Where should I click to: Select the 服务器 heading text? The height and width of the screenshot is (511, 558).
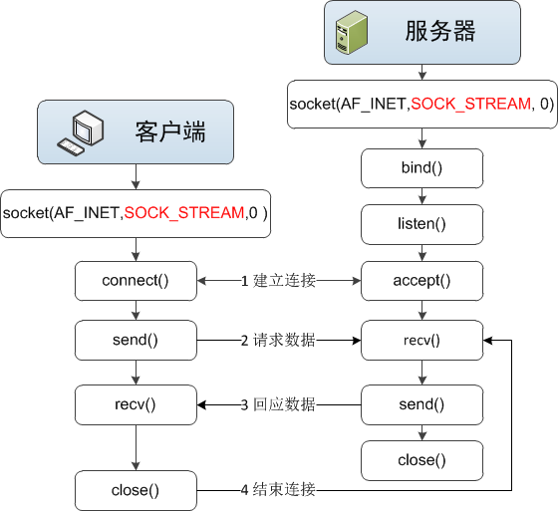(439, 31)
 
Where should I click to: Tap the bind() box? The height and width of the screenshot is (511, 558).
(421, 167)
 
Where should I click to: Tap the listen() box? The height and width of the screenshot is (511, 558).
(421, 224)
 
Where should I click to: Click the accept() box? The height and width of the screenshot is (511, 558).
(421, 281)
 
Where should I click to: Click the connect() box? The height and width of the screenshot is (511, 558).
(136, 281)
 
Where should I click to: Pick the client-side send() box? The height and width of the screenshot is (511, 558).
(136, 341)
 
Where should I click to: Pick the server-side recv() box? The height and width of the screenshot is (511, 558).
(421, 341)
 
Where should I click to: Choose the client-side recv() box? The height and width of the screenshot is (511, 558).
(136, 404)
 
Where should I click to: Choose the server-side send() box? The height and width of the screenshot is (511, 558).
(421, 404)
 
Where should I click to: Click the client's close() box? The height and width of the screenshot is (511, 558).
(136, 490)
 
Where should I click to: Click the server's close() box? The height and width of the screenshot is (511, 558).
(421, 460)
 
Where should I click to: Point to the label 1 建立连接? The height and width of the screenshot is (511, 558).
(278, 282)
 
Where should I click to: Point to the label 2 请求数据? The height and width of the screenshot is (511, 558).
(278, 341)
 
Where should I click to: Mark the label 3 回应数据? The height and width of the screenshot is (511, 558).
(278, 404)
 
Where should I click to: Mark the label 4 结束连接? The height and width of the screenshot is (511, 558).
(278, 490)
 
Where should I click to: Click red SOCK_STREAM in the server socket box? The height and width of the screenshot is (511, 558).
(470, 104)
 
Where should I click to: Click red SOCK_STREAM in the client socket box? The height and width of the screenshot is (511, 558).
(183, 213)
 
